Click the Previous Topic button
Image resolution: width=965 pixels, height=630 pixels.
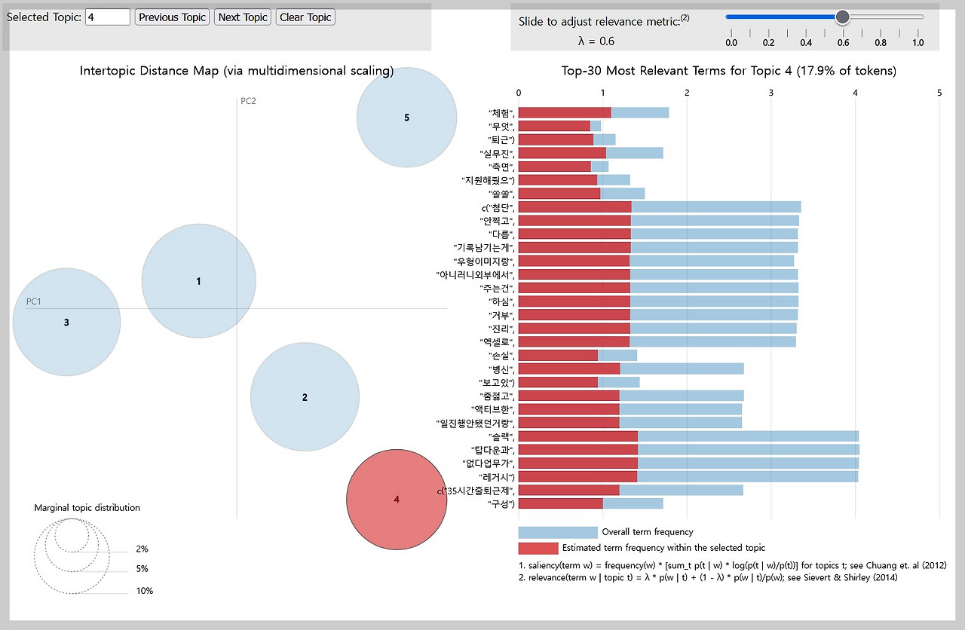coord(172,17)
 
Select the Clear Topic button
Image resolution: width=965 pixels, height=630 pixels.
coord(305,17)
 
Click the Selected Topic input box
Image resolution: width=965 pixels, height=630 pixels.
coord(108,17)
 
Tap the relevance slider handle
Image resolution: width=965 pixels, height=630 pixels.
coord(842,17)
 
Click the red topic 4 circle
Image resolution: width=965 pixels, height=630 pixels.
coord(396,499)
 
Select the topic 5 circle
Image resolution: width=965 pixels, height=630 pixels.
coord(406,118)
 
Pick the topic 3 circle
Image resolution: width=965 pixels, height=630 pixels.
coord(66,323)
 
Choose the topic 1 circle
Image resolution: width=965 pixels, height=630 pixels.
coord(198,281)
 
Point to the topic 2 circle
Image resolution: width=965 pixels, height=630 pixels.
coord(305,397)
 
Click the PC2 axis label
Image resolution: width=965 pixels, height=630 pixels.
coord(248,102)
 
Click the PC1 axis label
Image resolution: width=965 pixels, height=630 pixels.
coord(34,301)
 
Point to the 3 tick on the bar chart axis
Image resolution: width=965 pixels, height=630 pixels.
coord(770,92)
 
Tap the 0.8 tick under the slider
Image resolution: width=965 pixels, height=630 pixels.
coord(880,43)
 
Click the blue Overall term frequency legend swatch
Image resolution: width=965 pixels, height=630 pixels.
coord(557,532)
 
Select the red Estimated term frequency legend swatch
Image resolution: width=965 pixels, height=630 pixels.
coord(538,548)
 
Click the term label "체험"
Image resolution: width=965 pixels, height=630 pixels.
coord(501,113)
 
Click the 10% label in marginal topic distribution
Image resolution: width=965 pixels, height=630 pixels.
coord(144,591)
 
